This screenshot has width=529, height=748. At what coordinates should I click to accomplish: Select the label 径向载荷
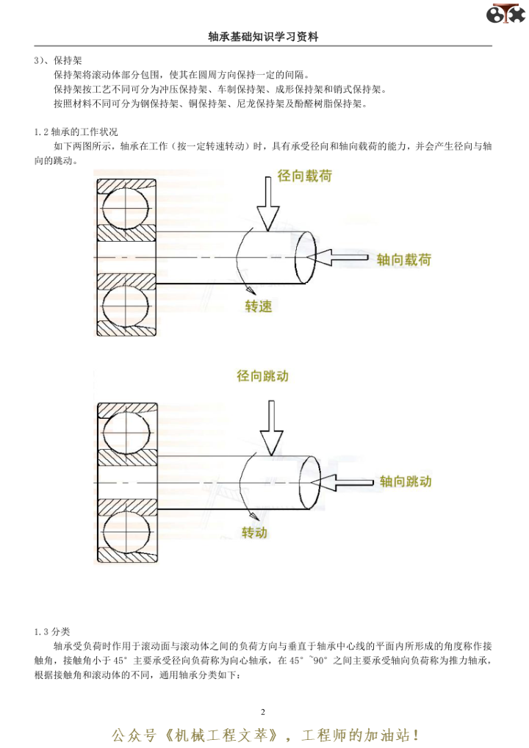point(304,177)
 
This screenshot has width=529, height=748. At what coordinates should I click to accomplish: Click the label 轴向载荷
point(403,259)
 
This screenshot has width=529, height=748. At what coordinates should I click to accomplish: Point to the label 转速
point(259,306)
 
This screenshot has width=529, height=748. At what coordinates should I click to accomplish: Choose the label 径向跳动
point(263,375)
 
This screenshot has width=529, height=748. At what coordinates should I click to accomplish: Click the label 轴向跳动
point(405,481)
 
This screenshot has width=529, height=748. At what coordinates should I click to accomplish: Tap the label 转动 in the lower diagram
point(254,531)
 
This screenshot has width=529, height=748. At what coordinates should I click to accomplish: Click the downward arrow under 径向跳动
point(271,428)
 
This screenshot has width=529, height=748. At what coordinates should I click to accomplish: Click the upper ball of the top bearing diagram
point(126,202)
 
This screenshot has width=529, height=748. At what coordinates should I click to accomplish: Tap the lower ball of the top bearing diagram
point(126,308)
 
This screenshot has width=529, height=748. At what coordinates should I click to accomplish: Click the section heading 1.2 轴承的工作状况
point(76,132)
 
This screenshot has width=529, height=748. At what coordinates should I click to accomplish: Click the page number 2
point(263,712)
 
